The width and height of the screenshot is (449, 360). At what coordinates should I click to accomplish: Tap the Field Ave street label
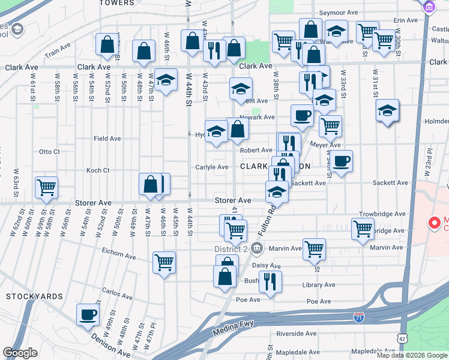tap(107, 139)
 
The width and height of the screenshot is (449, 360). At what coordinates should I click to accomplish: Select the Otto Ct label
tap(49, 152)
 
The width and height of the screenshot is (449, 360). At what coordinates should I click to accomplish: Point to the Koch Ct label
tap(97, 170)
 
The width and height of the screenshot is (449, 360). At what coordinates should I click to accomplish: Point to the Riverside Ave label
tap(297, 334)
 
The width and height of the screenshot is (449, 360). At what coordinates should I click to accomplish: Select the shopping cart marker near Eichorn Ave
tap(164, 262)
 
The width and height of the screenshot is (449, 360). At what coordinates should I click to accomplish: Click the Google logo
tap(20, 353)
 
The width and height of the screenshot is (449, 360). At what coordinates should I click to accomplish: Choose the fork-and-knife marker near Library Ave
tap(270, 281)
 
